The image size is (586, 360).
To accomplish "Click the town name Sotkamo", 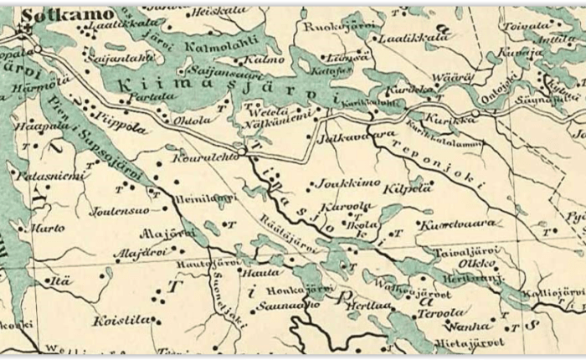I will point(56,14).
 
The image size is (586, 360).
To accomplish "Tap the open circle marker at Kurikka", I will point(475,112).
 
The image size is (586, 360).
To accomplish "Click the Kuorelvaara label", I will point(457,224).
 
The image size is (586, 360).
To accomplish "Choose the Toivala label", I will point(526,26).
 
